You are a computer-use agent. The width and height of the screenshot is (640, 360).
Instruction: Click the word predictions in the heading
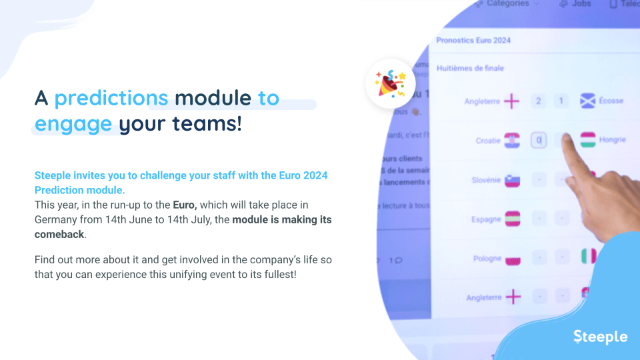pyautogui.click(x=111, y=98)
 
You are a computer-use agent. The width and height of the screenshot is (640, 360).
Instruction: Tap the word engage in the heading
pyautogui.click(x=73, y=124)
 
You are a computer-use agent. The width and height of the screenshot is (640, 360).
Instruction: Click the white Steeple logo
pyautogui.click(x=600, y=337)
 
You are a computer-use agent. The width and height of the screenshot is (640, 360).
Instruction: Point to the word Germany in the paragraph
pyautogui.click(x=56, y=219)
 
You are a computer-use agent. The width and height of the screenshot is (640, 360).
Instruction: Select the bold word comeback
pyautogui.click(x=60, y=235)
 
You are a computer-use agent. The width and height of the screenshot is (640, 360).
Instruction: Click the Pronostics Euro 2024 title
pyautogui.click(x=473, y=41)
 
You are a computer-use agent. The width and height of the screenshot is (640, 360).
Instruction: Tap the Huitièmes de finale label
pyautogui.click(x=470, y=68)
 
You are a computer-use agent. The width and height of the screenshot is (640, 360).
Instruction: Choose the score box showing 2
pyautogui.click(x=538, y=101)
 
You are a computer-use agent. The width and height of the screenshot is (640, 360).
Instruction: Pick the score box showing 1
pyautogui.click(x=561, y=101)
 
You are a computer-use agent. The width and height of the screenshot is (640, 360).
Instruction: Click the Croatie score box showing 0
pyautogui.click(x=539, y=141)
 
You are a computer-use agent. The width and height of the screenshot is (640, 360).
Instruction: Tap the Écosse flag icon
pyautogui.click(x=587, y=101)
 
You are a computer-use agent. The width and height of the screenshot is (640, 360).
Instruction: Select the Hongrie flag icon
pyautogui.click(x=587, y=140)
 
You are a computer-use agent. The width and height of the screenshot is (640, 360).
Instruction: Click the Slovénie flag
pyautogui.click(x=512, y=180)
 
